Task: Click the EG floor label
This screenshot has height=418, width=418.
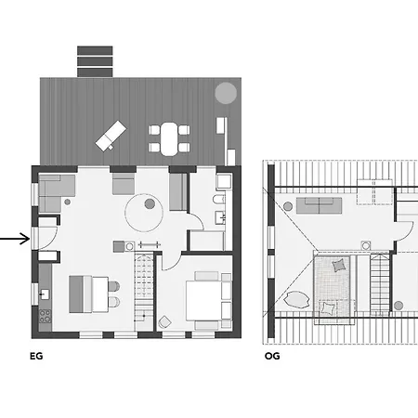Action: pos(36,356)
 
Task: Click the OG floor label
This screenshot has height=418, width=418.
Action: pos(272,356)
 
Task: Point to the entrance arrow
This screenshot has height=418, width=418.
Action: pos(15,239)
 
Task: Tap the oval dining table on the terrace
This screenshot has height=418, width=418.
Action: pos(169,138)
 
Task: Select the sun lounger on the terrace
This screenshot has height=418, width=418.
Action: pos(111,136)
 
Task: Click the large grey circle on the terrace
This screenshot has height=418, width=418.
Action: pos(226,93)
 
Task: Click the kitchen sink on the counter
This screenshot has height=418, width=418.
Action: pos(45,294)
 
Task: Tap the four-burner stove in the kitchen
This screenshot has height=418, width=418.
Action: pos(46,316)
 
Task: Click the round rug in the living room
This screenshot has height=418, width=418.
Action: pos(144,213)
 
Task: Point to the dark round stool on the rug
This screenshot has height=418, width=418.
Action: pos(150,203)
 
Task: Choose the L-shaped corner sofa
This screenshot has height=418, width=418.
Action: pos(57,193)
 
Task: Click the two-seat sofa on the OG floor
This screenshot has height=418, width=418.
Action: pos(320,206)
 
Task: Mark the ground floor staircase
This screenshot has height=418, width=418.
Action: pos(144,291)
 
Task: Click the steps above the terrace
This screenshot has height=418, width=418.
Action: pos(95,61)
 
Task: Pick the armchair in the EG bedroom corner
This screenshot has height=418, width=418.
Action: pos(164,322)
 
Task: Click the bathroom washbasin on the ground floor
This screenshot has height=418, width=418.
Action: pos(220,217)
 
